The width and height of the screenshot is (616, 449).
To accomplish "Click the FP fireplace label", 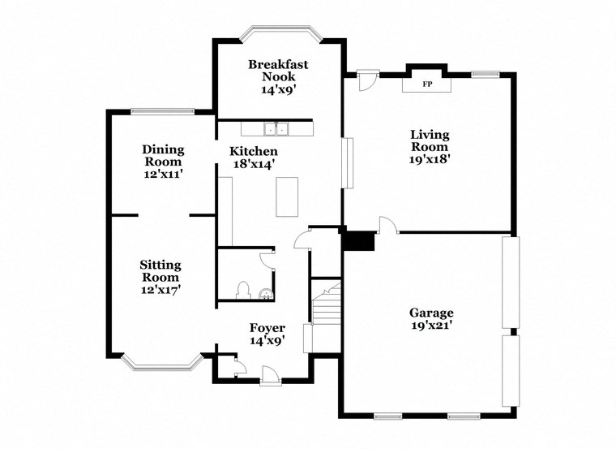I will pos(427,84).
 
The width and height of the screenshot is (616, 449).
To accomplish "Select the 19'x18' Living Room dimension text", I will pos(430,160).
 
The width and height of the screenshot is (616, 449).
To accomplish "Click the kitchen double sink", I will pos(276,127).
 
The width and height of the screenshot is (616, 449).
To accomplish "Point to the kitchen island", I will pos(287,196).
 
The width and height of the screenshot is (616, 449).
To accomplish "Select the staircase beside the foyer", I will pos(326,312).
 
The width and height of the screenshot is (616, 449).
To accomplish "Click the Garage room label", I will pos(431,313).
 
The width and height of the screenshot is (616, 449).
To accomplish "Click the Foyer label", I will pos(267,328).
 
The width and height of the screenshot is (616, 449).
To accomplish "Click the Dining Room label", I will pos(163,155).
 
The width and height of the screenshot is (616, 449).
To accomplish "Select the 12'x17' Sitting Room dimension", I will pos(160,290).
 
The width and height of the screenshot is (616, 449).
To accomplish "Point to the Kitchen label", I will pos(254,151).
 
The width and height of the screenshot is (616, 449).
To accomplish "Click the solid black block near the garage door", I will pos(357,242).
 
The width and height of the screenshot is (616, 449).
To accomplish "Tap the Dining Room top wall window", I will pos(163,112).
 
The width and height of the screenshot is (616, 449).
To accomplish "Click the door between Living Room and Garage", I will pos(387,226).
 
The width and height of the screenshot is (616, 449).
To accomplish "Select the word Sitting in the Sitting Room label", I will pos(160,265).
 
